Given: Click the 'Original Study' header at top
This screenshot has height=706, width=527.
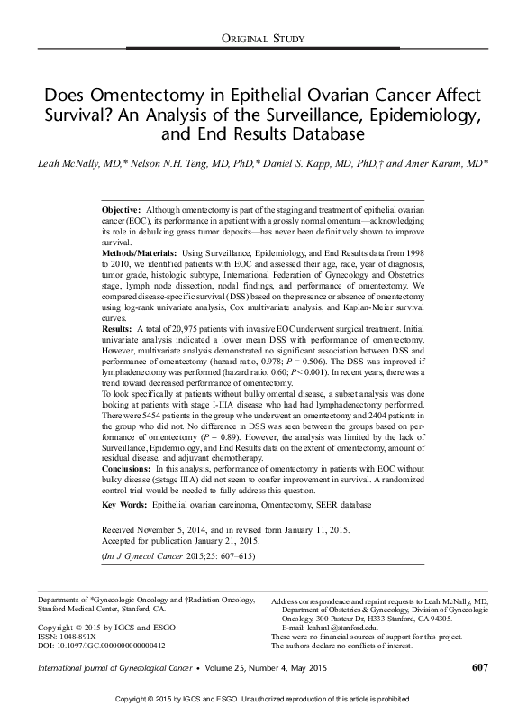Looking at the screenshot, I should (x=263, y=36).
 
